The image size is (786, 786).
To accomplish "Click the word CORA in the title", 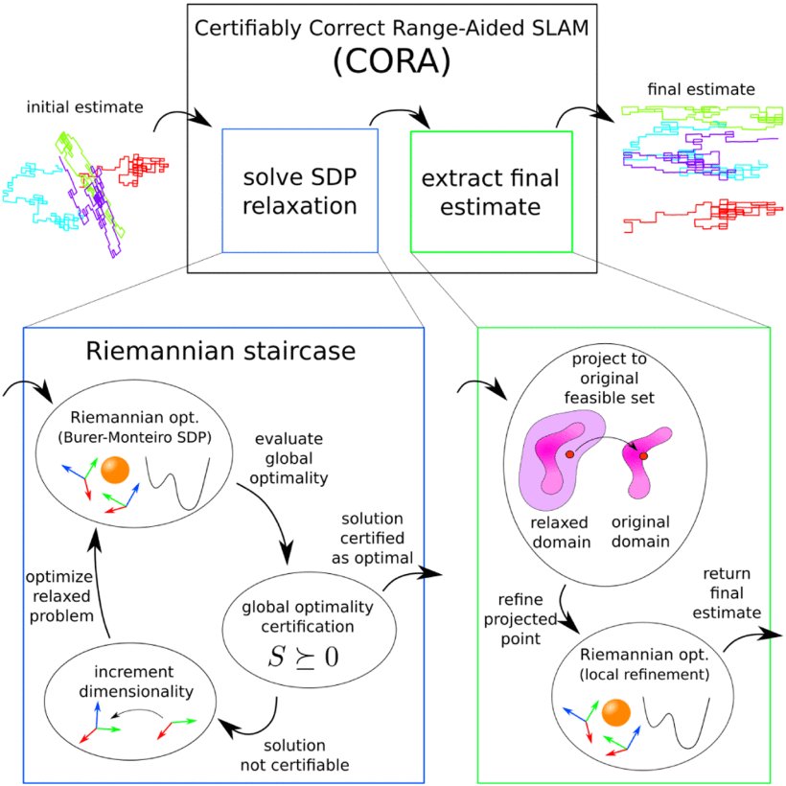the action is pos(392,61).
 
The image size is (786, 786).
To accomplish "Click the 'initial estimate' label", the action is pos(84,106).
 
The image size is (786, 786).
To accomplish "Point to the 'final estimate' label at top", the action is pos(701,89).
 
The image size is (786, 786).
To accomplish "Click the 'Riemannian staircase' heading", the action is pos(220,351).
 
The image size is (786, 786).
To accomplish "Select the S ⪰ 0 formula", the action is pos(303,656).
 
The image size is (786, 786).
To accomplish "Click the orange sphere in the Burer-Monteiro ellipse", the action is pos(115,471).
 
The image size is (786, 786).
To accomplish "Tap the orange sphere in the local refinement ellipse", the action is pos(615,712).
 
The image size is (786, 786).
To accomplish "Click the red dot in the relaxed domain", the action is pos(569,454).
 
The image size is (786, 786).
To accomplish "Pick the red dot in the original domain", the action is pos(643,455).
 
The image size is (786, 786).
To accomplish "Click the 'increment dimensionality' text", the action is pos(136,682).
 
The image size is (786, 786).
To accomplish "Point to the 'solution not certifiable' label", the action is pos(295,755).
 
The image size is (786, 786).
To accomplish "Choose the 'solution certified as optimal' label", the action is pos(372,538).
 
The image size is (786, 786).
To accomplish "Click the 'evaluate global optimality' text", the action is pos(289,458).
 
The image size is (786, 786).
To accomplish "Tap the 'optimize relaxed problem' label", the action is pos(60,596).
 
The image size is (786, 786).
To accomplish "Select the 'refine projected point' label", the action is pos(520,619).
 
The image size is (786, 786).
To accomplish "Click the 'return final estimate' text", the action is pos(727,593).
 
